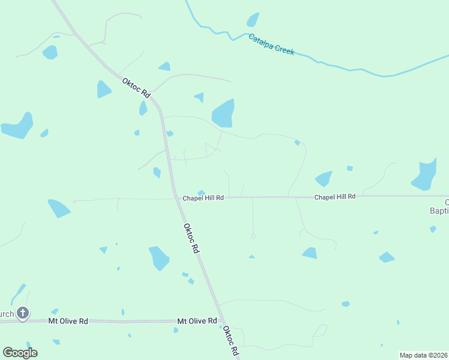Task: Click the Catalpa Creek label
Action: pos(272,44)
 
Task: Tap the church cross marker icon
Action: pos(23,313)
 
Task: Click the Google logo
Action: pos(20,352)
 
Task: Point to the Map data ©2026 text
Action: pos(423,355)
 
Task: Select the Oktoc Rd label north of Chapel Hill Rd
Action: pos(136,88)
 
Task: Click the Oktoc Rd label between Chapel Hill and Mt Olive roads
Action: pos(191,238)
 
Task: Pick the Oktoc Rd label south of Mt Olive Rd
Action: pos(231,341)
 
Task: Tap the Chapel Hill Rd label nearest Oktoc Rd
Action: pos(203,197)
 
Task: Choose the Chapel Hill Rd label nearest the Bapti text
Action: pos(335,197)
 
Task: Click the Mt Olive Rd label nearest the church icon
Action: pos(68,321)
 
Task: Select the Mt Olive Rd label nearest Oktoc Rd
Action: pos(197,321)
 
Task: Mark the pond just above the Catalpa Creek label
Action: pos(253,20)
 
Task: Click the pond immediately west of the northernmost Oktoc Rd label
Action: pos(103,89)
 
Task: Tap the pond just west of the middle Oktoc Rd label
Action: pos(159,258)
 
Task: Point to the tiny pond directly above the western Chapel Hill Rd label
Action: pos(202,192)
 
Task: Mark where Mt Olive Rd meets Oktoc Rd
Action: pos(221,322)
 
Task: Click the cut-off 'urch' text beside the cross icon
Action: pos(7,314)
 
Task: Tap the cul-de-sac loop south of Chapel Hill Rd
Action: pos(253,236)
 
